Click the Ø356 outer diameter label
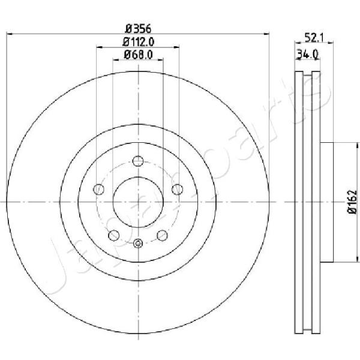[138, 29]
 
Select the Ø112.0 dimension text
[139, 42]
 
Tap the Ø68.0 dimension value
[138, 55]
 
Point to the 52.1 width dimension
[314, 38]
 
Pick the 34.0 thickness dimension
[307, 55]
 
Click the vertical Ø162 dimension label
[353, 202]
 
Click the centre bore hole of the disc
[138, 202]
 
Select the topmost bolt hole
[138, 161]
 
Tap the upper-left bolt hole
[99, 190]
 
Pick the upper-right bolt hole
[178, 190]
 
